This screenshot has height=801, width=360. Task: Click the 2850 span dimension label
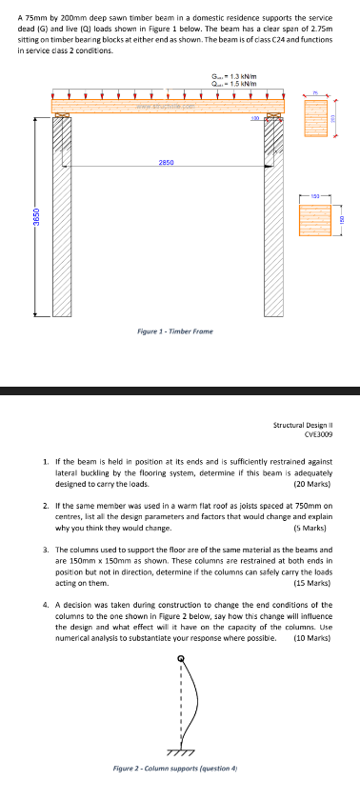tap(166, 163)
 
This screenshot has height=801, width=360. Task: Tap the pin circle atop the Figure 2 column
tap(180, 661)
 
